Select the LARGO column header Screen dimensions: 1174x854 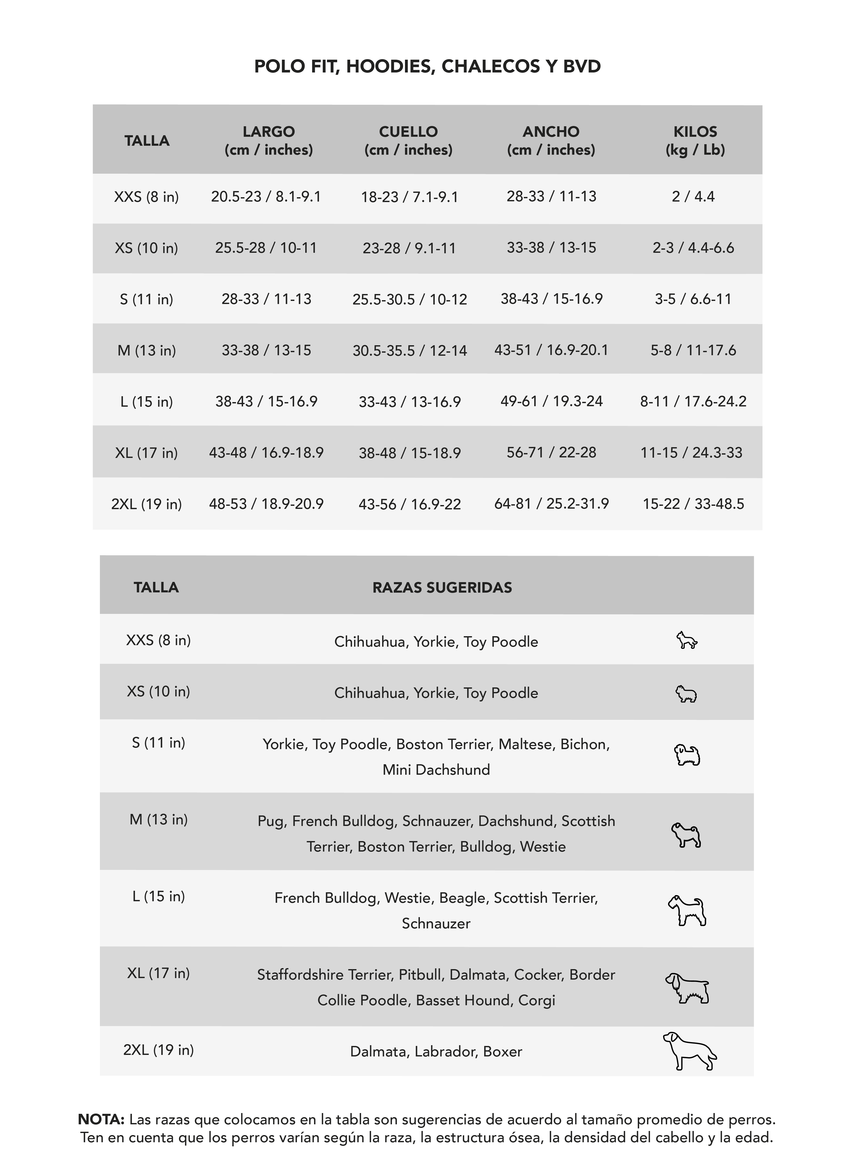pos(269,140)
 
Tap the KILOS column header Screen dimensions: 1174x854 pos(695,140)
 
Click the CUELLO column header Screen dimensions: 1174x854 pos(408,140)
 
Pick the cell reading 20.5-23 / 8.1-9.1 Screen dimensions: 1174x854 pos(266,197)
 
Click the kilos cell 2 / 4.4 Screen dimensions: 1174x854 pos(693,197)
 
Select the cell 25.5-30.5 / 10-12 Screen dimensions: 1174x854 pos(409,299)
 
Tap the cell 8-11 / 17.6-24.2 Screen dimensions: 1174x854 pos(693,401)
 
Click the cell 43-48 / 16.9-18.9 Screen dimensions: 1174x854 pos(266,452)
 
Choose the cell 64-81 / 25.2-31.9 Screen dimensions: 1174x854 pos(551,504)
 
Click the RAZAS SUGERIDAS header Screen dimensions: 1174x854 pos(442,588)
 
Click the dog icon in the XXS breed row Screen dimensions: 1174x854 pos(687,641)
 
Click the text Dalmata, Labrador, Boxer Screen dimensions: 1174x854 pos(436,1051)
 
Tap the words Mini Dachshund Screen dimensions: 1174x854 pos(436,770)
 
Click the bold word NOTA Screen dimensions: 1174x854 pos(101,1120)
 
